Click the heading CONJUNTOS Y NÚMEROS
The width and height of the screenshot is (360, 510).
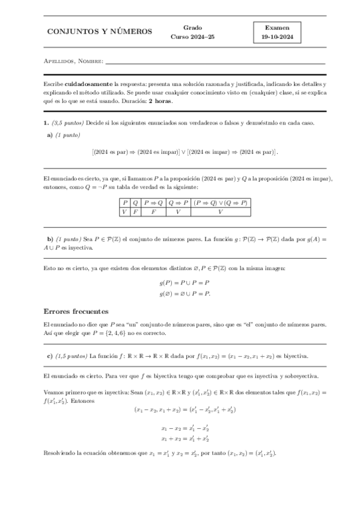tap(100, 32)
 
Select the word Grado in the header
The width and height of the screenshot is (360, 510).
tap(192, 27)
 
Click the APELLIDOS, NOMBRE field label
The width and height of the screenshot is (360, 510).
tap(74, 61)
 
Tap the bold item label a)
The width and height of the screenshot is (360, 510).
tap(49, 135)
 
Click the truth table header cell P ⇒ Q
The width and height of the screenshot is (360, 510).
tap(154, 203)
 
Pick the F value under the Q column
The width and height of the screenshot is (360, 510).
tap(135, 212)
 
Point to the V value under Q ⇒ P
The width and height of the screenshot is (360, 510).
tap(178, 212)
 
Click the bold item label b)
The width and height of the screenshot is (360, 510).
tap(50, 239)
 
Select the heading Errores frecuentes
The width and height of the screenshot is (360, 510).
tap(76, 312)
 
